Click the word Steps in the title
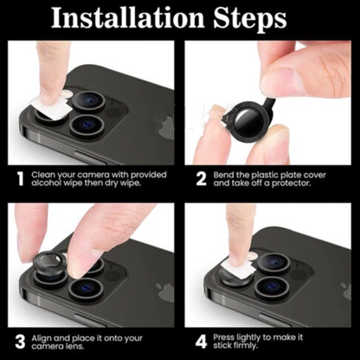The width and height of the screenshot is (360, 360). pyautogui.click(x=262, y=19)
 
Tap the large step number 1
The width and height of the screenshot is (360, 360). pyautogui.click(x=17, y=180)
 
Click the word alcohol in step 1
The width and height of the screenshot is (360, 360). pyautogui.click(x=48, y=185)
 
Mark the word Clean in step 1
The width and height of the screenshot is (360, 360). pyautogui.click(x=43, y=175)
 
